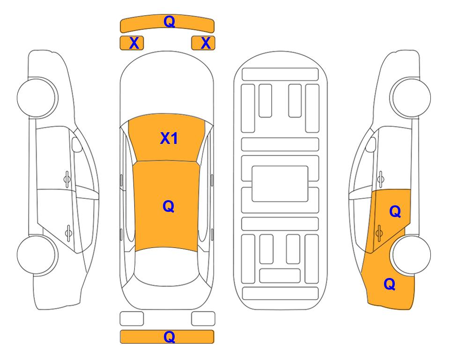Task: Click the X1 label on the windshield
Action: tap(169, 138)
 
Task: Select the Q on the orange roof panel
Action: tap(168, 206)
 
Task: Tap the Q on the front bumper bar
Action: tap(169, 22)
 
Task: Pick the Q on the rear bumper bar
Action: tap(169, 337)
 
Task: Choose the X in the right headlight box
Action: tap(205, 43)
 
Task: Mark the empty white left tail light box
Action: tap(132, 318)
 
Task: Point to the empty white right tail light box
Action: tap(203, 318)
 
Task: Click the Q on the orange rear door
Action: tap(395, 212)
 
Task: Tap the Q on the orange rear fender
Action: tap(389, 284)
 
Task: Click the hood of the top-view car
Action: tap(167, 89)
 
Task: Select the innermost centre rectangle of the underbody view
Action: tap(280, 183)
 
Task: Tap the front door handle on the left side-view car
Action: tap(67, 178)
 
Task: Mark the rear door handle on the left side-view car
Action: tap(68, 231)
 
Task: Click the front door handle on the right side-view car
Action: tap(380, 178)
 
